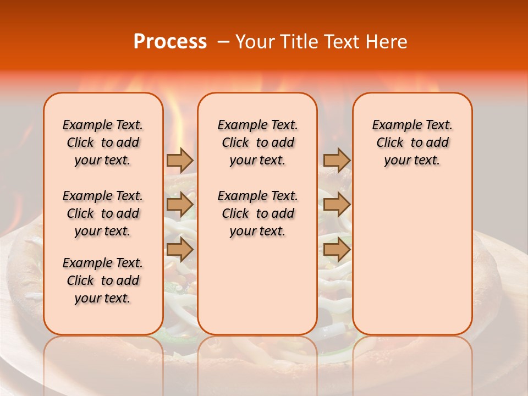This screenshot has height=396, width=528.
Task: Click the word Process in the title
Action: point(169,42)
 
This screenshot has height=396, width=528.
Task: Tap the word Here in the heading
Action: point(387,42)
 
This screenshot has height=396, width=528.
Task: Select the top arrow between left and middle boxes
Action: point(180,160)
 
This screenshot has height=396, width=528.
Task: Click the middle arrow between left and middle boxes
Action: point(180,205)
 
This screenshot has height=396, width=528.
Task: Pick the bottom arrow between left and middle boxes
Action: point(180,250)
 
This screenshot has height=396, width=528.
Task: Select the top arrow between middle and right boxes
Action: point(337,160)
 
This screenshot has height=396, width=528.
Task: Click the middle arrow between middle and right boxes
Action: point(337,205)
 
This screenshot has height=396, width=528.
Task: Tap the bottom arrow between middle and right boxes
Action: point(337,250)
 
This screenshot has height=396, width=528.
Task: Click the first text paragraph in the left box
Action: point(103,142)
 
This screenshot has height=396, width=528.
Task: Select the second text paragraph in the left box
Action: point(103,213)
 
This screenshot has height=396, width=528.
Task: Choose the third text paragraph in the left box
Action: point(103,280)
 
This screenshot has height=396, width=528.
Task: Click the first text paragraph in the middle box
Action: point(257,142)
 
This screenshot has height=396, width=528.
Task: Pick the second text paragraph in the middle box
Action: point(257,213)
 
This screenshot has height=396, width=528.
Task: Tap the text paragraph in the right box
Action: point(412,142)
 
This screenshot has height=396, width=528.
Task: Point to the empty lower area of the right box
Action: point(412,258)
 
